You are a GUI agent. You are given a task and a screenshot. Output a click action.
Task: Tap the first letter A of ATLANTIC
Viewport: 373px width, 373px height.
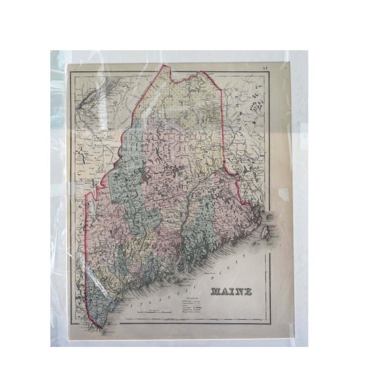point(131,307)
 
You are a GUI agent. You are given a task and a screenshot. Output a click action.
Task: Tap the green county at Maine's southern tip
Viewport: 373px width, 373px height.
point(96,303)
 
